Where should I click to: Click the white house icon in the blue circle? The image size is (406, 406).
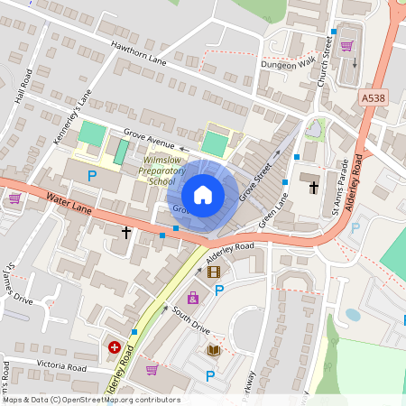coord(203,194)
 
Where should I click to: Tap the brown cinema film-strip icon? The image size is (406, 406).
coord(214,272)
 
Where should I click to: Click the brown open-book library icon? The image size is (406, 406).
coord(214,350)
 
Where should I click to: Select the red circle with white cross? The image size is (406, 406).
coord(115,346)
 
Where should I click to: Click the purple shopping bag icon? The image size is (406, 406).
coord(192,298)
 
